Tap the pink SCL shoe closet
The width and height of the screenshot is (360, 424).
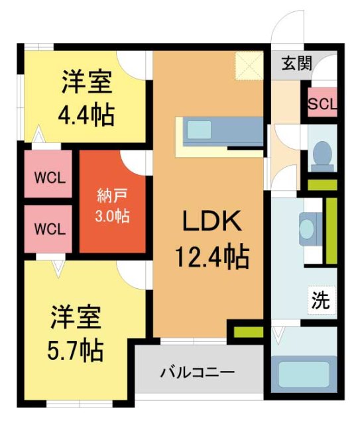(322, 104)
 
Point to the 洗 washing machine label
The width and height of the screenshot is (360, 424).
(321, 301)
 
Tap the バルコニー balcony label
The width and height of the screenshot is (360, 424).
(197, 372)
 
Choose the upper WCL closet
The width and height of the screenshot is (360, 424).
(49, 178)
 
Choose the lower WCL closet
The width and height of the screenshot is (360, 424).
(49, 229)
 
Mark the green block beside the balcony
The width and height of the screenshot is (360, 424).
(247, 331)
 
